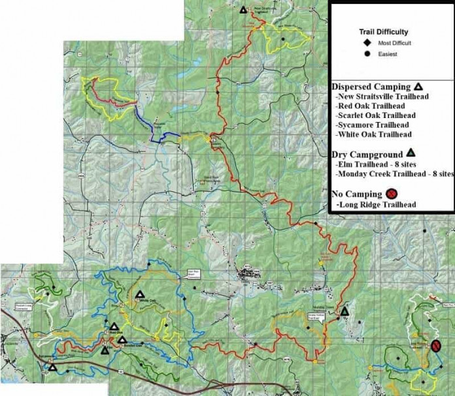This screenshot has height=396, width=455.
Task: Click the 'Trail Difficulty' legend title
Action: tap(384, 31)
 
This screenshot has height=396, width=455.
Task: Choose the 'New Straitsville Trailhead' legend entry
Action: tap(382, 97)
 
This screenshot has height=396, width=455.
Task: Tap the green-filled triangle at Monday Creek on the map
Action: tap(345, 311)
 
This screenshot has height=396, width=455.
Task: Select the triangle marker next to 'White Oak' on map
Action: tap(139, 294)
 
